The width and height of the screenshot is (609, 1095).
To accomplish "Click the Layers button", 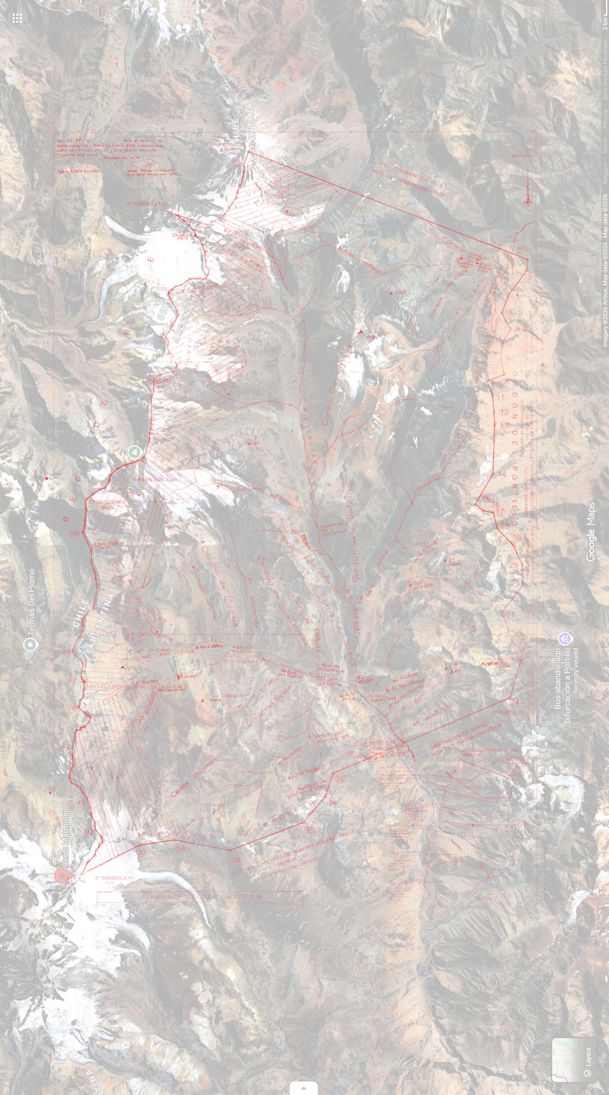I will click(x=574, y=1060).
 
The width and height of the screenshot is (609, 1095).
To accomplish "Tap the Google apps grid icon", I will click(x=17, y=18).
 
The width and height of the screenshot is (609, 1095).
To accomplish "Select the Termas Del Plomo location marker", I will click(x=30, y=644).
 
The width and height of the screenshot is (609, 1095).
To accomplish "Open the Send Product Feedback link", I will click(x=605, y=70).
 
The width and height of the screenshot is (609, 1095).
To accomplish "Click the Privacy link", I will click(x=605, y=119).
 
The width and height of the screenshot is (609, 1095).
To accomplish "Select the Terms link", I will click(x=605, y=145).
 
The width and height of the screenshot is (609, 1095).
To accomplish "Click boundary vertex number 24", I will click(x=514, y=702).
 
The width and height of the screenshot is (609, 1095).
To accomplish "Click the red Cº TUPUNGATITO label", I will click(x=148, y=204).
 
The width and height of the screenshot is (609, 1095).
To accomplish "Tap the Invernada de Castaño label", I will click(x=333, y=528).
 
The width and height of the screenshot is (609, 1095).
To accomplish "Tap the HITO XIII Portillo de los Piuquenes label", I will click(x=136, y=686).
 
